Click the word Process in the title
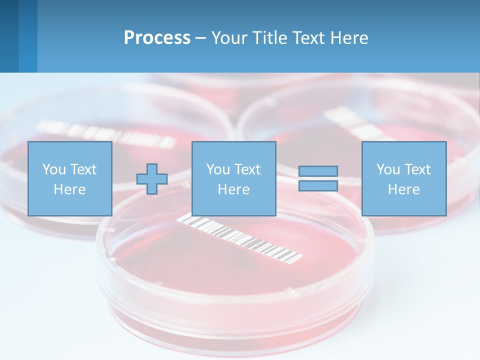pyautogui.click(x=157, y=38)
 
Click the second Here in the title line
pyautogui.click(x=351, y=38)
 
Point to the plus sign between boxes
pyautogui.click(x=152, y=179)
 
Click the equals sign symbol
pyautogui.click(x=318, y=178)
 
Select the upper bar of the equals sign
pyautogui.click(x=318, y=171)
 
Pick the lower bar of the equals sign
pyautogui.click(x=318, y=186)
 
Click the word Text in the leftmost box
pyautogui.click(x=83, y=169)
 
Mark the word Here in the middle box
pyautogui.click(x=233, y=189)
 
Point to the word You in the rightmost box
pyautogui.click(x=387, y=169)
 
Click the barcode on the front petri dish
pyautogui.click(x=240, y=239)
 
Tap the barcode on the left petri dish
pyautogui.click(x=107, y=132)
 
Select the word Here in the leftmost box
pyautogui.click(x=69, y=189)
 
